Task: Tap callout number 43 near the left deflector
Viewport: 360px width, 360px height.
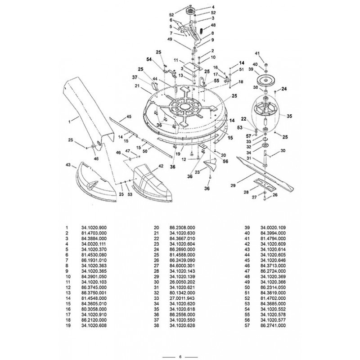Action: coord(68,165)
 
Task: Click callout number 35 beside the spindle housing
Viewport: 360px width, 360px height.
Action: coord(289,116)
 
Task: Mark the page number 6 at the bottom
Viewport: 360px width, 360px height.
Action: coord(180,357)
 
